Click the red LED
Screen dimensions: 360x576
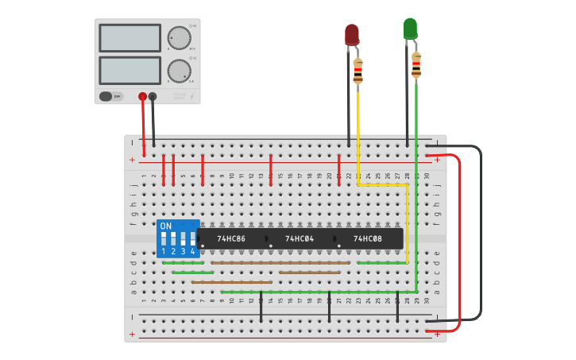pyautogui.click(x=351, y=34)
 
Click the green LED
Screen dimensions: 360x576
pyautogui.click(x=410, y=29)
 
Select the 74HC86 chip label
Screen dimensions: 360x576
pyautogui.click(x=231, y=238)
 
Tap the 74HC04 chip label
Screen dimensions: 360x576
pyautogui.click(x=300, y=238)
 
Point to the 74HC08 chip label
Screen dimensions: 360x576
pyautogui.click(x=368, y=238)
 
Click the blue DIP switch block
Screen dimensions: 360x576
pyautogui.click(x=177, y=238)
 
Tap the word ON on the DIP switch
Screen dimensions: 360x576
pyautogui.click(x=165, y=226)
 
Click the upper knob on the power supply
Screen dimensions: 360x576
pyautogui.click(x=180, y=37)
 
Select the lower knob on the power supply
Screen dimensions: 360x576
pyautogui.click(x=180, y=71)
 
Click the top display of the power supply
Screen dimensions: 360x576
pyautogui.click(x=130, y=37)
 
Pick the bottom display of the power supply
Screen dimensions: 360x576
pyautogui.click(x=130, y=70)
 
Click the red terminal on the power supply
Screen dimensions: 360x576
pyautogui.click(x=142, y=97)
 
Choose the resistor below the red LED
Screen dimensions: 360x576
pyautogui.click(x=358, y=72)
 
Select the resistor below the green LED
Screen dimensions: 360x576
pyautogui.click(x=416, y=64)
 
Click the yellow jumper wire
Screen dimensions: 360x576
pyautogui.click(x=381, y=184)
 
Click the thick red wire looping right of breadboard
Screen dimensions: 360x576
pyautogui.click(x=460, y=238)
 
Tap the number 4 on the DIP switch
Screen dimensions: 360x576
pyautogui.click(x=192, y=252)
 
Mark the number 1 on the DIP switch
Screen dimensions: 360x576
pyautogui.click(x=164, y=252)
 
